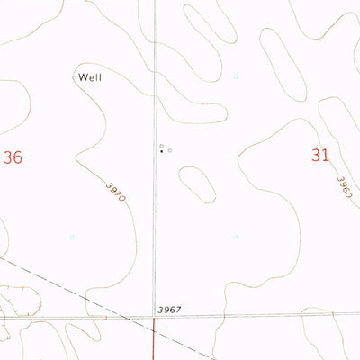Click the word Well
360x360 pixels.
pos(90,77)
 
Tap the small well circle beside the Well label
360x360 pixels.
pos(74,78)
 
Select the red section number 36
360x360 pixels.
pos(12,157)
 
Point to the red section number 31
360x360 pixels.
pos(319,155)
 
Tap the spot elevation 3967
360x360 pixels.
pos(168,309)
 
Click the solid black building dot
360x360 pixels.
pos(162,152)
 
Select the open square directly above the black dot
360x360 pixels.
pos(162,145)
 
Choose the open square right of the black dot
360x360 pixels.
pos(170,151)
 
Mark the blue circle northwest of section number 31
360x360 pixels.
pos(237,76)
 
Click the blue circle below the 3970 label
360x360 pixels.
pos(72,238)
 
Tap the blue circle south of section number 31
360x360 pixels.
pos(237,237)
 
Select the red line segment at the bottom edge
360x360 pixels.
pos(154,342)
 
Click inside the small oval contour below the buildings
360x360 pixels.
pos(197,184)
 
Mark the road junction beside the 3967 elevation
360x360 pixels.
pos(154,317)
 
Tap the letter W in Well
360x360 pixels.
pos(83,77)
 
